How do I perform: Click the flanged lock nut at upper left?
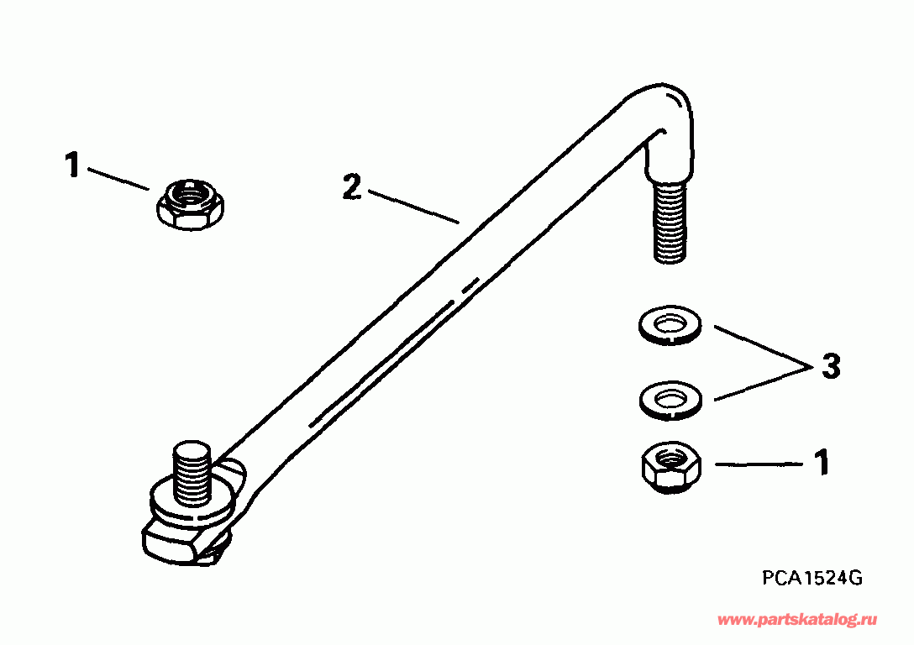(x=191, y=204)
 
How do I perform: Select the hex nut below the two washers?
(x=671, y=467)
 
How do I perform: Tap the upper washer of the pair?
(x=670, y=324)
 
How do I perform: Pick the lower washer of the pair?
(x=671, y=400)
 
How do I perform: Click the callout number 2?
(x=351, y=187)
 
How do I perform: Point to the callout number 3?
(x=831, y=366)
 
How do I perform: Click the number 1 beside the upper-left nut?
(x=71, y=165)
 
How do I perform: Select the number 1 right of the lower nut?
(x=822, y=463)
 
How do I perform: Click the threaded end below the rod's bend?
(x=670, y=222)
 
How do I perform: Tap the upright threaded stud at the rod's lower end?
(x=192, y=475)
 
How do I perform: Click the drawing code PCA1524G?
(x=812, y=578)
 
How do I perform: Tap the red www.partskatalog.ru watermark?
(x=797, y=620)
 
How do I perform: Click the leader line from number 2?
(x=414, y=207)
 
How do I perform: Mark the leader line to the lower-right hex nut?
(x=759, y=464)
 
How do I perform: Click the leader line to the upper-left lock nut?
(x=118, y=179)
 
